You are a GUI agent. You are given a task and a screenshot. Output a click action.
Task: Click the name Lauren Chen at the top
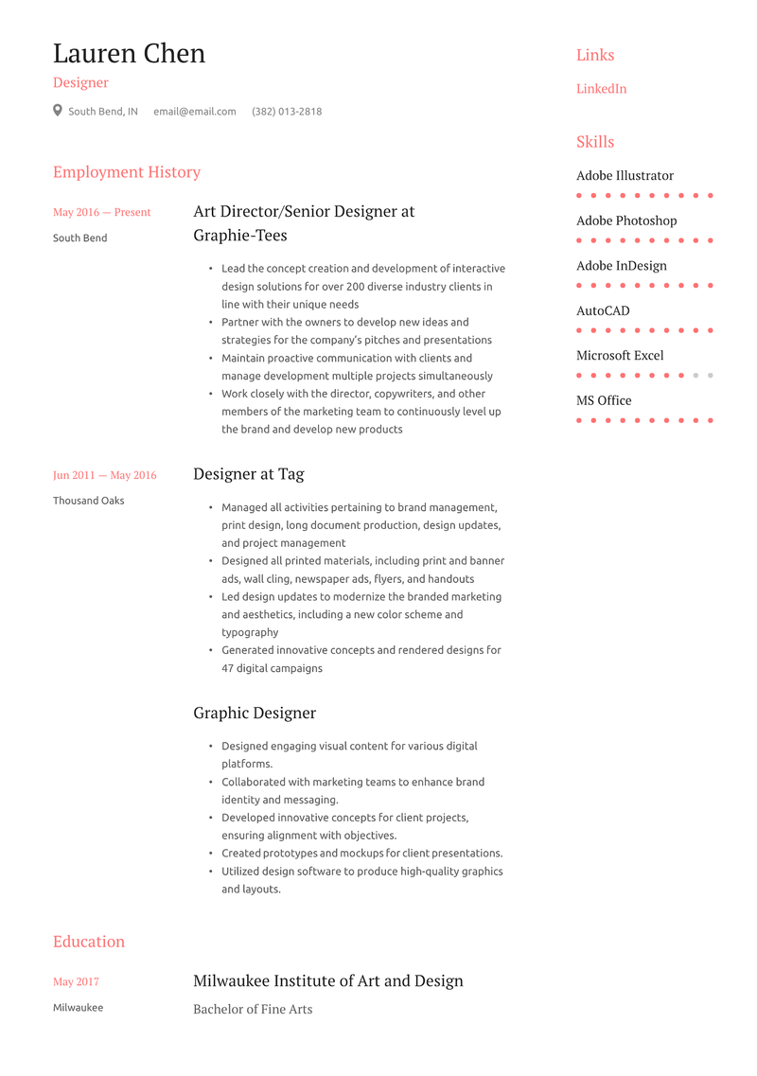[x=129, y=54]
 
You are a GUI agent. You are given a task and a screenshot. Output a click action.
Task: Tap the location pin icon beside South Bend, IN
[x=58, y=111]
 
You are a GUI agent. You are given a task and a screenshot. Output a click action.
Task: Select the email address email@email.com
[x=195, y=112]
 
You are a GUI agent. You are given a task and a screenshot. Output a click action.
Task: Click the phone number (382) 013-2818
[x=287, y=112]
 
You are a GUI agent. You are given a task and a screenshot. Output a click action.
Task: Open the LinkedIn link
[x=601, y=89]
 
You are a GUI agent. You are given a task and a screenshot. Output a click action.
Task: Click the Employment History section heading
[x=127, y=172]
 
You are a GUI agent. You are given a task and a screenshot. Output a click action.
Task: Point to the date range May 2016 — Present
[x=101, y=213]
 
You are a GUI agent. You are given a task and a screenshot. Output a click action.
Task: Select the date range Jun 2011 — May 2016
[x=104, y=475]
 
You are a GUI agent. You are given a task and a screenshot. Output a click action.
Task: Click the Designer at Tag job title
[x=249, y=474]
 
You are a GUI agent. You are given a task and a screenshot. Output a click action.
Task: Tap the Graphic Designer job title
[x=255, y=713]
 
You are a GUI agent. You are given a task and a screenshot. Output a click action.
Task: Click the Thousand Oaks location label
[x=88, y=501]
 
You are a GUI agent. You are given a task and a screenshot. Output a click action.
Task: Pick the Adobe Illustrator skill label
[x=625, y=176]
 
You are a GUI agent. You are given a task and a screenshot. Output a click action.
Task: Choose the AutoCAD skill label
[x=603, y=311]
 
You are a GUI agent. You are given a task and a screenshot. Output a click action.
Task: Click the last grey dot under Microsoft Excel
[x=710, y=376]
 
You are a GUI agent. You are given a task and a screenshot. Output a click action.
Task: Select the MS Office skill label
[x=604, y=401]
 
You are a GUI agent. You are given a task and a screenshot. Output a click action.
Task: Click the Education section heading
[x=89, y=942]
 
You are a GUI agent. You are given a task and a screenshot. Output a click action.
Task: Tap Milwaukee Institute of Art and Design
[x=328, y=980]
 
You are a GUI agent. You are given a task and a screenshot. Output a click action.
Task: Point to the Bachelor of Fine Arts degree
[x=253, y=1010]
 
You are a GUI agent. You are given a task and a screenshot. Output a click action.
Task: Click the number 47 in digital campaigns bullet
[x=228, y=668]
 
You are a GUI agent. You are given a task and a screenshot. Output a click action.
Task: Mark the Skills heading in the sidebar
[x=595, y=142]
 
